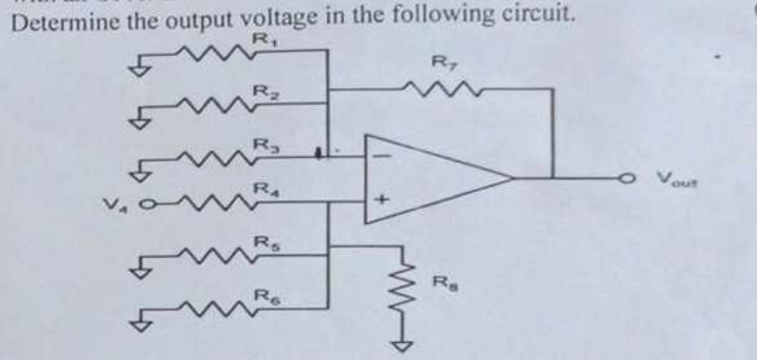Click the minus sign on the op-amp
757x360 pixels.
coord(384,152)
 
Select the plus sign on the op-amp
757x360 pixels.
coord(383,199)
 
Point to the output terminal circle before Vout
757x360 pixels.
coord(625,175)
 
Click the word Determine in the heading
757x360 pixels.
coord(51,17)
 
